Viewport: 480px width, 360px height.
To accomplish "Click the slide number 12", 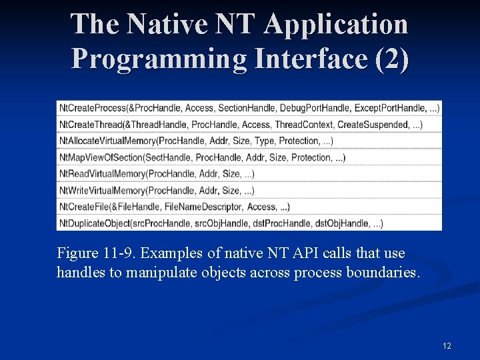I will click(447, 346).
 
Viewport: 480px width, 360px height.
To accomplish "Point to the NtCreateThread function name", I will click(89, 125).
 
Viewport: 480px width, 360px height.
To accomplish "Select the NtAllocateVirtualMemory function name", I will click(107, 141).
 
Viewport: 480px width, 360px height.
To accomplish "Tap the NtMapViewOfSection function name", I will click(101, 157).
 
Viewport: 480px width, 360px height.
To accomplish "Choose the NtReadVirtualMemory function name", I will click(102, 174).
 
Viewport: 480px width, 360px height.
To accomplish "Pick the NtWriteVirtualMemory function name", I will click(102, 191).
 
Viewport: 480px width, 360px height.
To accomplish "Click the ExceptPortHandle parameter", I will click(389, 108).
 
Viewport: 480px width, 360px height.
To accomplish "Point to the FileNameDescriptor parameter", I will click(205, 207).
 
